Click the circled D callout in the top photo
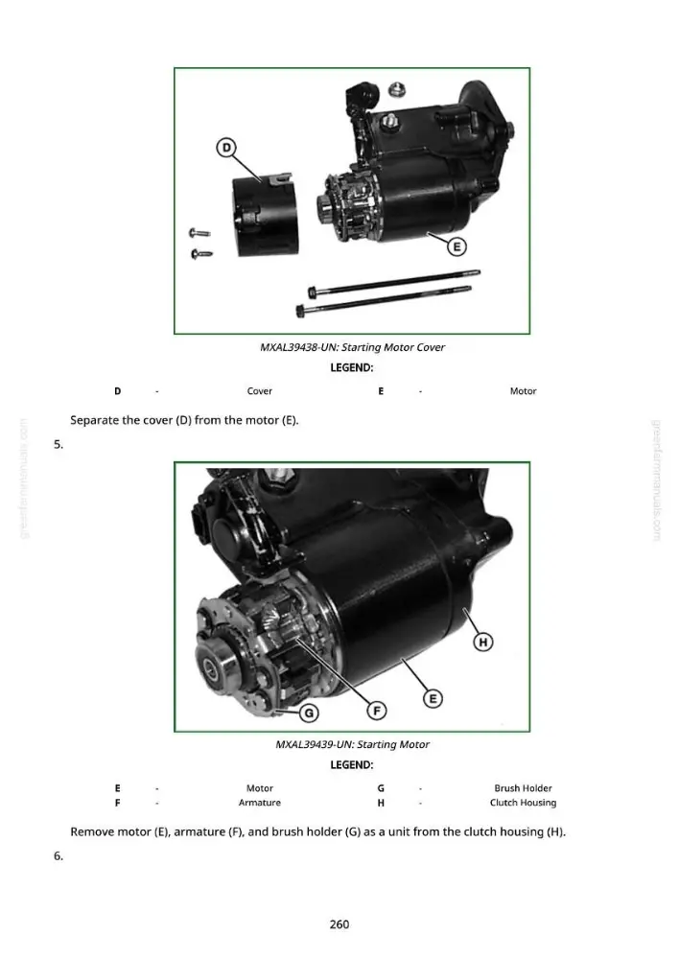(226, 148)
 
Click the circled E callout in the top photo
(457, 246)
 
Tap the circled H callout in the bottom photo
(483, 642)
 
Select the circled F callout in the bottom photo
(377, 710)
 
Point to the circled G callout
(309, 713)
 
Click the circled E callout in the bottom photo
(433, 698)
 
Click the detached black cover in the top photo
(266, 214)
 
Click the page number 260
(339, 924)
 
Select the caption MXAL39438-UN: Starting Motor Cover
(352, 347)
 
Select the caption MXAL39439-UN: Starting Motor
(352, 744)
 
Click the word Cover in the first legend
(259, 391)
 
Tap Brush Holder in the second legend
(523, 788)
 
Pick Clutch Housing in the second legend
(523, 803)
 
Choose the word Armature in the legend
(259, 803)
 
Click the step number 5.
(59, 445)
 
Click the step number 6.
(59, 855)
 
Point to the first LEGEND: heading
(352, 367)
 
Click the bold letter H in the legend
(381, 803)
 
